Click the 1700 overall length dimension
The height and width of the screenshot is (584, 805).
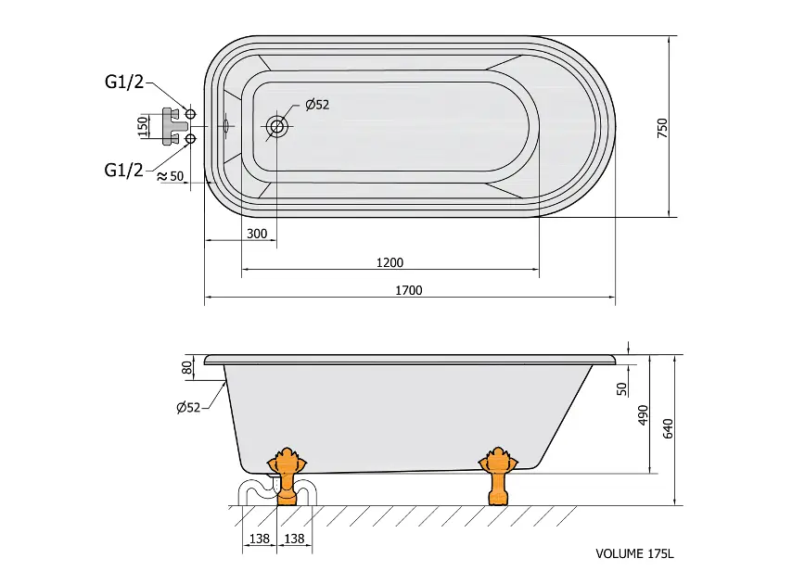pyautogui.click(x=409, y=290)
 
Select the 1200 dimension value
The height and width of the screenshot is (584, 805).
pyautogui.click(x=390, y=262)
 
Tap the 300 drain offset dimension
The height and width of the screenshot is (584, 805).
pyautogui.click(x=257, y=234)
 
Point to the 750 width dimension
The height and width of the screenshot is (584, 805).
pyautogui.click(x=663, y=128)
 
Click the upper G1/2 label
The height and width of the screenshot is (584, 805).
pyautogui.click(x=124, y=83)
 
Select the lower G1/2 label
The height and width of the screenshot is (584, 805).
pyautogui.click(x=123, y=170)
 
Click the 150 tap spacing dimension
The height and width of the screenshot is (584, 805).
pyautogui.click(x=143, y=126)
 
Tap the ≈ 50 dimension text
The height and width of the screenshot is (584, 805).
pyautogui.click(x=170, y=176)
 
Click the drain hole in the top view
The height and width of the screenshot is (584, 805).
pyautogui.click(x=276, y=126)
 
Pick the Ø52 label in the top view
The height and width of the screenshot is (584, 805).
pyautogui.click(x=317, y=105)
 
